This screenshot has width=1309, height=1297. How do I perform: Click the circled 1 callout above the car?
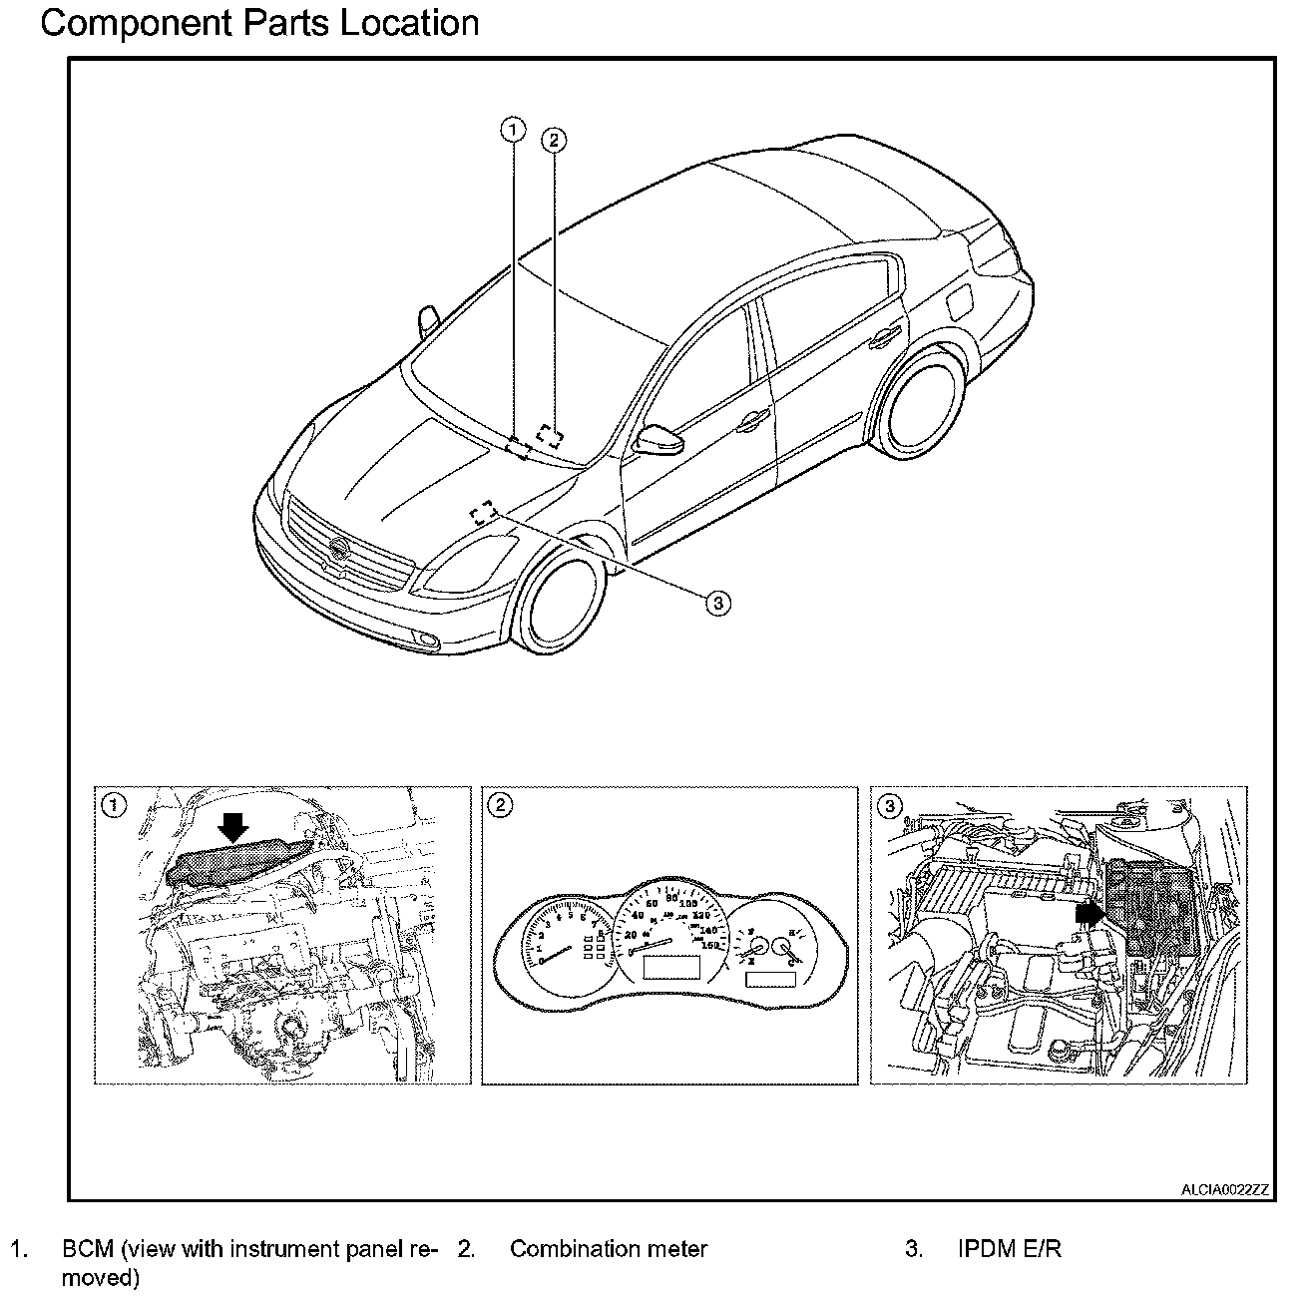pos(513,129)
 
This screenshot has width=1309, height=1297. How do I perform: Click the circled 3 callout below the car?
pos(717,602)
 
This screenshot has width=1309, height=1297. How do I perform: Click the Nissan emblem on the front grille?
pos(339,548)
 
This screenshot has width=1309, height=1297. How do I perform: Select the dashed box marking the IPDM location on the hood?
pos(484,512)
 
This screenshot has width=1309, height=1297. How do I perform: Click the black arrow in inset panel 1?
pos(233,824)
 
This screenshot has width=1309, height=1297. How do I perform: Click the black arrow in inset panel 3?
pos(1090,911)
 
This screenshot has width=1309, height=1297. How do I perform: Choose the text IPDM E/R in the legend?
pos(1010,1248)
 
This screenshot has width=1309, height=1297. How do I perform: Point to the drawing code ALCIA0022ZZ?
pos(1224,1189)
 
